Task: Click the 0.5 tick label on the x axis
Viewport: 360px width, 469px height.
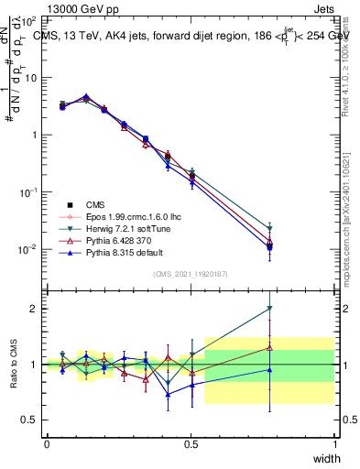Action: pos(191,444)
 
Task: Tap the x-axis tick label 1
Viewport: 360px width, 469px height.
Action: pos(334,444)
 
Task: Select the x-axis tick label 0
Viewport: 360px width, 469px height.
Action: pos(47,444)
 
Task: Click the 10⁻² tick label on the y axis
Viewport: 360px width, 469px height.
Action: pos(30,249)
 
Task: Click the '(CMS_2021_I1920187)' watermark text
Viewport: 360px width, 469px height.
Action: pos(191,274)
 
